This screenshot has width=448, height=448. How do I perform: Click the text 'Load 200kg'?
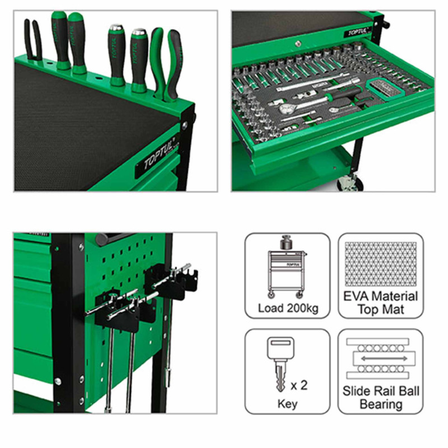coord(288,309)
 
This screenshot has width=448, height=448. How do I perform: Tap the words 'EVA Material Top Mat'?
coord(381,303)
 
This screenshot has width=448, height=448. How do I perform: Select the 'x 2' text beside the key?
coord(299,385)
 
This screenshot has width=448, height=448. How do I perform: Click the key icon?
coord(281,363)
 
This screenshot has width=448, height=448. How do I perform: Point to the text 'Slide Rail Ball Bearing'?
coord(381,398)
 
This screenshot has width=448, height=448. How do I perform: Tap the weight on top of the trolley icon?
coord(286,243)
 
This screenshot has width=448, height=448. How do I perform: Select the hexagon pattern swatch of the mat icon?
coord(381,264)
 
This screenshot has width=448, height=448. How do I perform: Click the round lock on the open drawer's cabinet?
coord(298,44)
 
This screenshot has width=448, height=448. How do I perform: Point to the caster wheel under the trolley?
coord(349,183)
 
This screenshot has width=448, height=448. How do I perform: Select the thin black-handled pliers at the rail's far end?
coord(33,40)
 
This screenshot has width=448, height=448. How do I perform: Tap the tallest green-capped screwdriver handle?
coord(59,40)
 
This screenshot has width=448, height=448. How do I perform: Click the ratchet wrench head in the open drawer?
coord(287,108)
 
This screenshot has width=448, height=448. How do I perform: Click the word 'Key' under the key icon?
coord(287,404)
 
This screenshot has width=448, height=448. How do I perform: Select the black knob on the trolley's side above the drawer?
coord(386,24)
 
